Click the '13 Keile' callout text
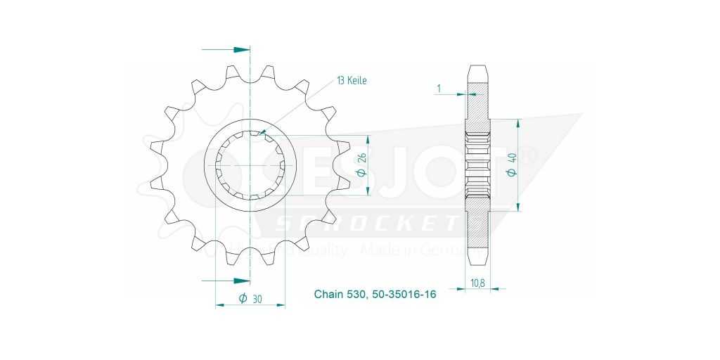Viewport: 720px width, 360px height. [x=352, y=80]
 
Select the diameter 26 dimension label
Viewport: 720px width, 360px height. [x=362, y=166]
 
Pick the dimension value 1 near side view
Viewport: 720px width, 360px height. [x=439, y=88]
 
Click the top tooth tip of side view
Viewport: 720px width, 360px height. [x=477, y=70]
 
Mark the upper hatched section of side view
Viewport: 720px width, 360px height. [x=477, y=105]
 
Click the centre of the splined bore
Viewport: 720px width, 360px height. [x=250, y=166]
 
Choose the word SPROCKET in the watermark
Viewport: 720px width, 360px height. [x=366, y=224]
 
